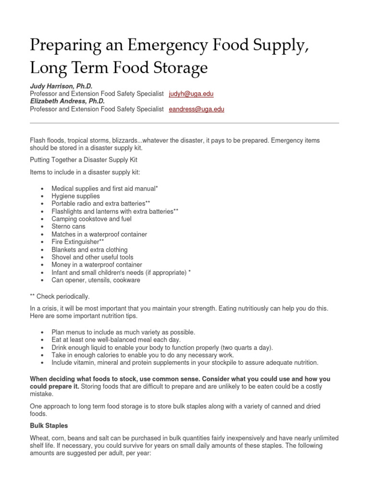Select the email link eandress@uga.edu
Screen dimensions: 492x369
197,109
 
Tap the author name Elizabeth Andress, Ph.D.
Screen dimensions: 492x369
67,101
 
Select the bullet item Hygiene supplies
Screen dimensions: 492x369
76,196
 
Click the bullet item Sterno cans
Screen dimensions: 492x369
69,226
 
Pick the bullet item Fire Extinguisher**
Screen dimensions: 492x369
78,242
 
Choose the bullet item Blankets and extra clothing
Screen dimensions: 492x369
90,249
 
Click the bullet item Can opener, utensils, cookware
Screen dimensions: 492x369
96,280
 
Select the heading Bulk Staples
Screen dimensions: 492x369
49,426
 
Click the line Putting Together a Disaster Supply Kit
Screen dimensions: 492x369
84,160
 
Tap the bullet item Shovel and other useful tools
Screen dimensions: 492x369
93,257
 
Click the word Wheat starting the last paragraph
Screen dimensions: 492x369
39,438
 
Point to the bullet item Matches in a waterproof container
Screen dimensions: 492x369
99,234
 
